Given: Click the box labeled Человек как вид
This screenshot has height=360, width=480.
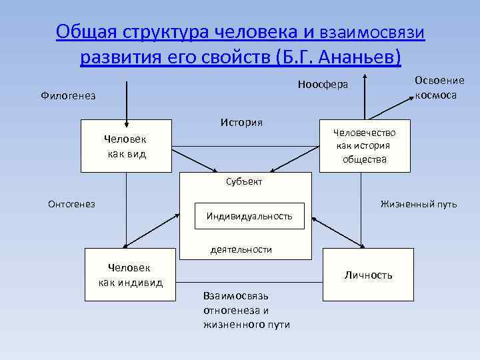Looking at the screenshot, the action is click(126, 146).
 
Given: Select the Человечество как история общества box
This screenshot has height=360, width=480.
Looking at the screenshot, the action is click(363, 145).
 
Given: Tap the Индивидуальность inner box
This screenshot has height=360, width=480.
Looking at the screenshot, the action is click(249, 216).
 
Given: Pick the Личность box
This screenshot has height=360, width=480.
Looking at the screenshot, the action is click(367, 275).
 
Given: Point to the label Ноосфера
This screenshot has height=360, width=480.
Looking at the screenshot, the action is click(323, 85).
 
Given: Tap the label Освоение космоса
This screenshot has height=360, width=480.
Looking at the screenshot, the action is click(439, 87).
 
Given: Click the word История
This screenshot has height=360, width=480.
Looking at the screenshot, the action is click(241, 122).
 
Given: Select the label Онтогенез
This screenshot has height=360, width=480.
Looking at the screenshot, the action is click(71, 204).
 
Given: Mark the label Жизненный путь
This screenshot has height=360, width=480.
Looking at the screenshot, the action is click(419, 204).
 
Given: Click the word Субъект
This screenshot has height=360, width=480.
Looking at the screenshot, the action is click(243, 181).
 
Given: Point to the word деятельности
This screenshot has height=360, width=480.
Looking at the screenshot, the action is click(241, 249).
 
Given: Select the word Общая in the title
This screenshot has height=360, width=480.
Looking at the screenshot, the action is click(79, 31).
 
